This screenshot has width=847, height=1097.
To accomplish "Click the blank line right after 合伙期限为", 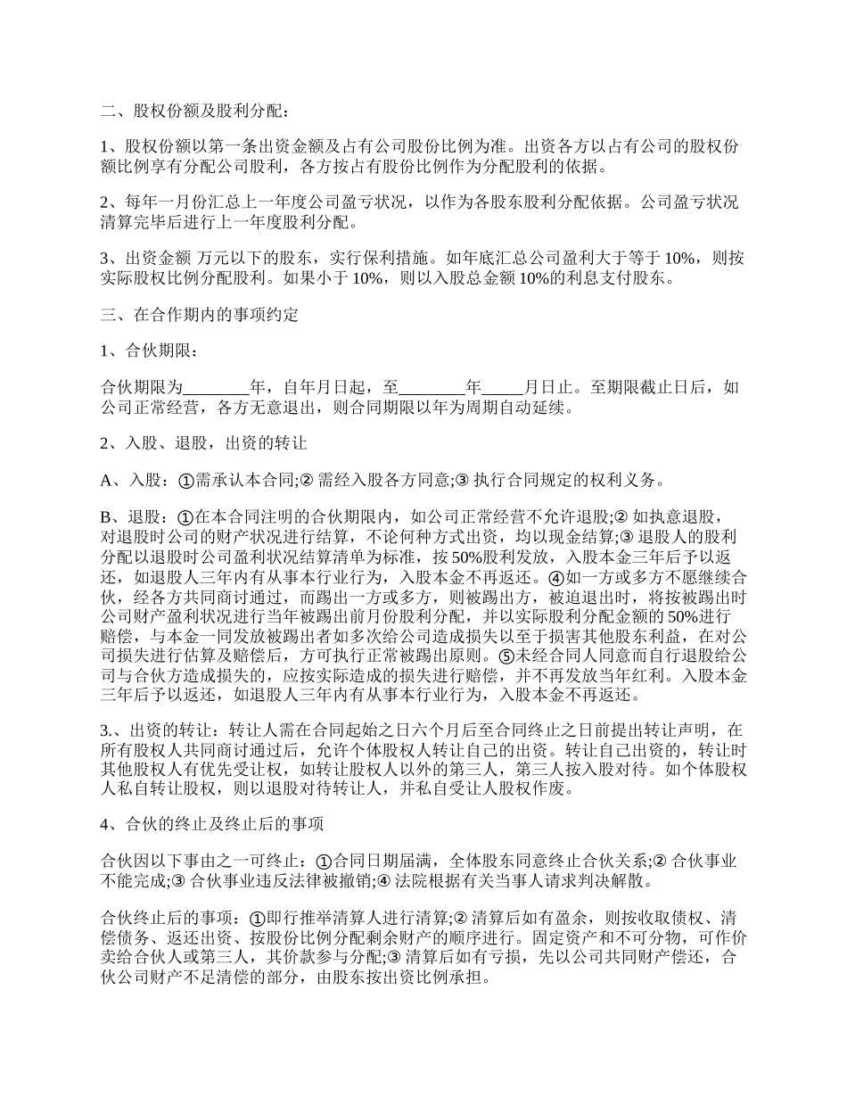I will pos(217,388).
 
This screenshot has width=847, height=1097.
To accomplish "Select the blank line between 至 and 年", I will pos(432,388).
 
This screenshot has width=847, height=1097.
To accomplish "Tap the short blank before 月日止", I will pos(503,388).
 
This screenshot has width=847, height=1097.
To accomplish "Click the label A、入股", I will pos(133,480).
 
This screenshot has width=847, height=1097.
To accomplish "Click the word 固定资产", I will pos(561,939).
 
